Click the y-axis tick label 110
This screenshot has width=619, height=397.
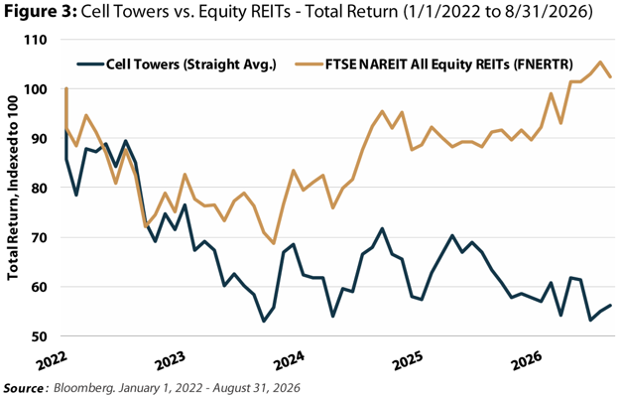35,40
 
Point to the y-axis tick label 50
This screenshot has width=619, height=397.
39,336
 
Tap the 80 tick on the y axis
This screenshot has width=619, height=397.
39,188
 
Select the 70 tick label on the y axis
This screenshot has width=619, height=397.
39,238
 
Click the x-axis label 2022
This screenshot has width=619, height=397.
53,360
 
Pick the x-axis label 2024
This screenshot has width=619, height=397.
290,360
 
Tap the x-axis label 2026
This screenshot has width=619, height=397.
527,360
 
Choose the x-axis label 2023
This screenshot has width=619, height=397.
171,360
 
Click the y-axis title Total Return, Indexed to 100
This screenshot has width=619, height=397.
12,188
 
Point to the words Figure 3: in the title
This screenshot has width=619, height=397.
41,12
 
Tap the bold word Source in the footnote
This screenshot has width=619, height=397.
23,388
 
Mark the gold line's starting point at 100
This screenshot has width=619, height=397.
65,89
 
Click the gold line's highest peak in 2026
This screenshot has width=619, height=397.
600,62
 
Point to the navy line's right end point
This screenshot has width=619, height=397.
610,306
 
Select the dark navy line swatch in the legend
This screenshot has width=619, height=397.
90,65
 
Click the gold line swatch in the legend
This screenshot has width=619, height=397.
309,65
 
